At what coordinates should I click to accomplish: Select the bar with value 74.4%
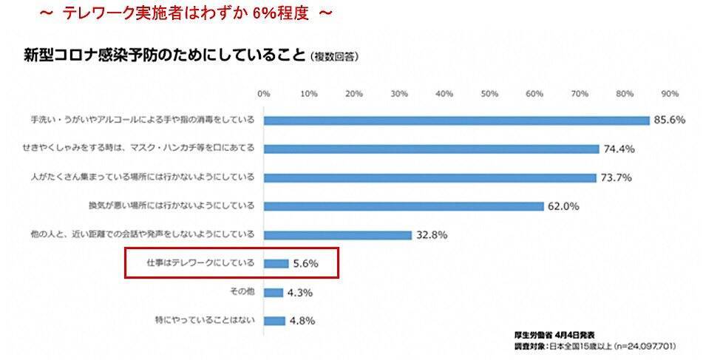pyautogui.click(x=431, y=149)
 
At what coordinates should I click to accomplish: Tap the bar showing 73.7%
pyautogui.click(x=429, y=177)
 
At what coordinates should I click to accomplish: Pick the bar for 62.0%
pyautogui.click(x=404, y=206)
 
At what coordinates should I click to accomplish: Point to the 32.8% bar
pyautogui.click(x=337, y=235)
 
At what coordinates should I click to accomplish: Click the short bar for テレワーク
pyautogui.click(x=276, y=263)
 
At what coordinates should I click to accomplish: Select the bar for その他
pyautogui.click(x=273, y=292)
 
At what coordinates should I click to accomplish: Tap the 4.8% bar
pyautogui.click(x=274, y=321)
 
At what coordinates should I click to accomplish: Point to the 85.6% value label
pyautogui.click(x=670, y=120)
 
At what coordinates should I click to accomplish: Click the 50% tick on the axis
pyautogui.click(x=489, y=94)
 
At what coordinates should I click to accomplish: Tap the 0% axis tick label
pyautogui.click(x=263, y=94)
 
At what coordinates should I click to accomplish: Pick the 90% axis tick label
pyautogui.click(x=670, y=94)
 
